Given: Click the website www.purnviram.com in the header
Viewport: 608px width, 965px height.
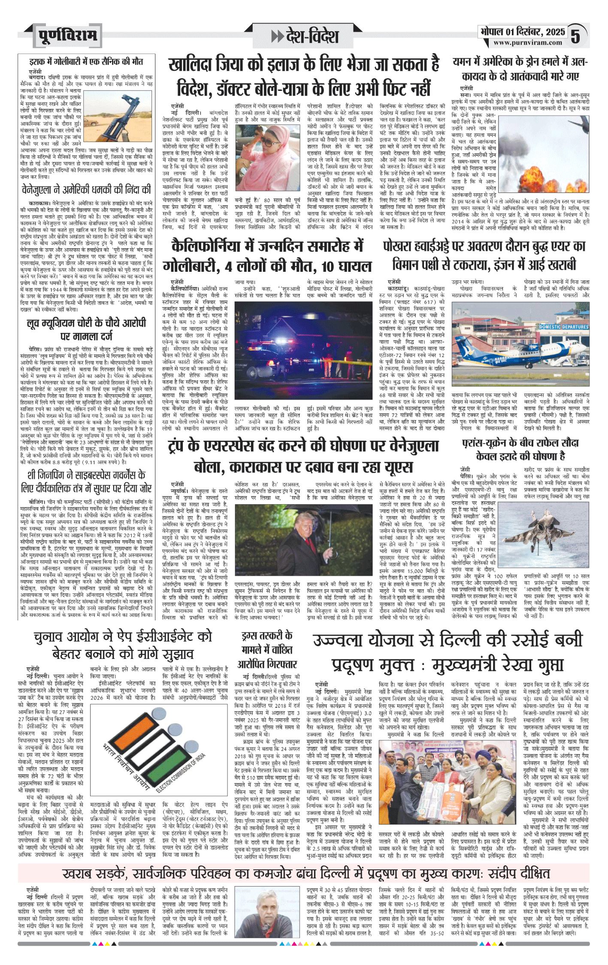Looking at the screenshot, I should [527, 42].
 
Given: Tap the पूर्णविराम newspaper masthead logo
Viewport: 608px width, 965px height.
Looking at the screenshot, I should [67, 36].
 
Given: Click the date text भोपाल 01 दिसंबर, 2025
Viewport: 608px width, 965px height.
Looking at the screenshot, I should [523, 32].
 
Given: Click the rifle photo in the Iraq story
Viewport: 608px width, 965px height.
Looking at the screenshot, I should [118, 114].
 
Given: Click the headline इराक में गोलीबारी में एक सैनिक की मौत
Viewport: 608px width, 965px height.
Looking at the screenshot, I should [86, 62].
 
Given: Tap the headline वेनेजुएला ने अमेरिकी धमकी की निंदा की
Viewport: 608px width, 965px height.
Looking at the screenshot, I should [86, 189].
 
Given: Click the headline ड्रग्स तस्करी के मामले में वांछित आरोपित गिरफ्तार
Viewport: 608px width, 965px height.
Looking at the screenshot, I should [267, 649].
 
